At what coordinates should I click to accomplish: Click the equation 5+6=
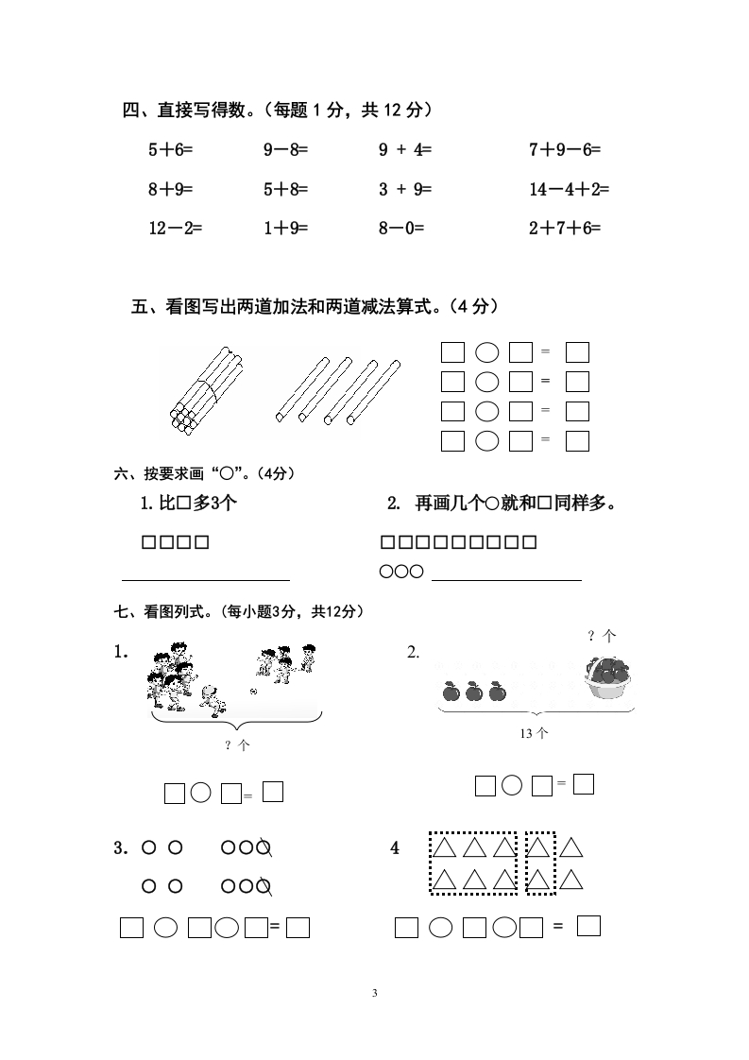coord(169,149)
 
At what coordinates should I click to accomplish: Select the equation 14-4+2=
coord(569,189)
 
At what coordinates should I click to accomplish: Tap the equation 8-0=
coord(401,228)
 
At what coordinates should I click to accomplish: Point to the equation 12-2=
coord(175,228)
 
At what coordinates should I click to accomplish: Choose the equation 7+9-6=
coord(565,149)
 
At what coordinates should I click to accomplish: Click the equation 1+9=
coord(285,228)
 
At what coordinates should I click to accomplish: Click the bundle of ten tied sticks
coord(203,392)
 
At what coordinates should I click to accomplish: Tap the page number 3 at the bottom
coord(375,993)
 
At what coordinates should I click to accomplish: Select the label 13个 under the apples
coord(534,733)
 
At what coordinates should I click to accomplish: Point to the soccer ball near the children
coord(253,692)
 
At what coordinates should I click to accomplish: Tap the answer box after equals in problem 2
coord(584,784)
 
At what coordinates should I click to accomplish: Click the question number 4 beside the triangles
coord(395,848)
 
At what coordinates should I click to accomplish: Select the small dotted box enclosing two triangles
coord(539,863)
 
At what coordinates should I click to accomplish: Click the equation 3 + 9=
coord(404,189)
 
